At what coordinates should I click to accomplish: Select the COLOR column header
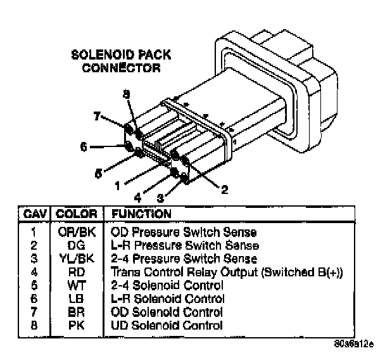click(76, 214)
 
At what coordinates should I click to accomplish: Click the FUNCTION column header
click(141, 214)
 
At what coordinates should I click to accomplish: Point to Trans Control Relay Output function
click(227, 272)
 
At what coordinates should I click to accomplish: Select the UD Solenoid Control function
click(167, 326)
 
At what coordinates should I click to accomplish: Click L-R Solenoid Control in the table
click(167, 299)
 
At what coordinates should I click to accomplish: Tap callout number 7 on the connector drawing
click(98, 117)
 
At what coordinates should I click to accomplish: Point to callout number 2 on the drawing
click(224, 188)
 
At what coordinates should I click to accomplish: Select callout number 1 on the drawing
click(117, 186)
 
